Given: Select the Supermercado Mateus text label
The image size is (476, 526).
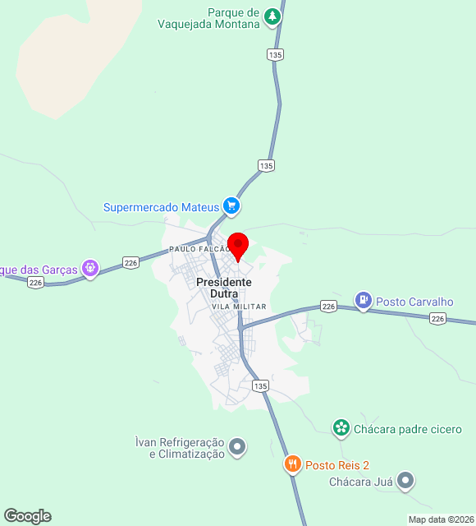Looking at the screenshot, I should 161,207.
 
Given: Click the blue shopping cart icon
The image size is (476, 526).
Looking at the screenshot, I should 231,206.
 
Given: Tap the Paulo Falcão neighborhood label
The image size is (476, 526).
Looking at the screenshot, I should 199,248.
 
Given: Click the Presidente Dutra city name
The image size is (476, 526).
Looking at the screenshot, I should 224,288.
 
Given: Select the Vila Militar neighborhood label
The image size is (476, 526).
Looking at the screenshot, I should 239,307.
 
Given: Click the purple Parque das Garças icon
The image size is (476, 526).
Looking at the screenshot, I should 89,268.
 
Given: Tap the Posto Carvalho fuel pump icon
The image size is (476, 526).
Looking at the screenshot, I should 363,302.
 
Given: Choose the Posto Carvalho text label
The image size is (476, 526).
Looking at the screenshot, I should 414,302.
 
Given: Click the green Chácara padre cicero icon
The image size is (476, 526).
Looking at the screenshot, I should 341,428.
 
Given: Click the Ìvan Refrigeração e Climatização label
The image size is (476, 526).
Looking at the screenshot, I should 180,448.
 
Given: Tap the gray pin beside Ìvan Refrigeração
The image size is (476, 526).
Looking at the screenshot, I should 237,447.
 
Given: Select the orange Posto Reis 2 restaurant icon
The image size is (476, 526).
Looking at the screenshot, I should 293,465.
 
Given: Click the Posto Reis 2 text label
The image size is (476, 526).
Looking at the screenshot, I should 337,465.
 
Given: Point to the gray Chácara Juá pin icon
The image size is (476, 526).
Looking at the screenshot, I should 405,482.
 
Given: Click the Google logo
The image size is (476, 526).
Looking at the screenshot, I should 27,516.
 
